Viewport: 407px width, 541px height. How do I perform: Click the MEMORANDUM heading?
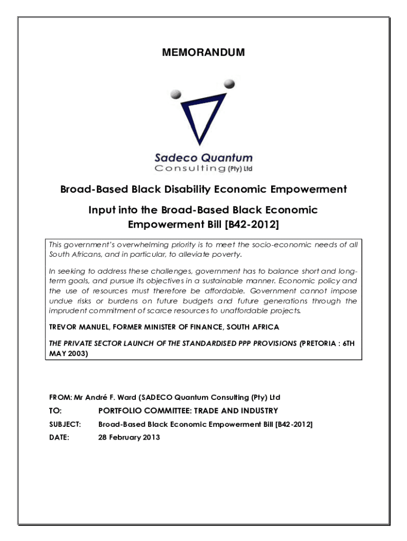point(203,52)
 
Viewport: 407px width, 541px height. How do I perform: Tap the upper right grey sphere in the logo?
point(229,83)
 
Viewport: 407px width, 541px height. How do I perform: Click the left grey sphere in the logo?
point(176,95)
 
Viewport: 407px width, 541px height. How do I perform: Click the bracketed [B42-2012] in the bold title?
point(252,225)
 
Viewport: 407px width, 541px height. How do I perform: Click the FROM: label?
point(59,397)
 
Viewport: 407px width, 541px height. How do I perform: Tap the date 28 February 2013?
point(129,437)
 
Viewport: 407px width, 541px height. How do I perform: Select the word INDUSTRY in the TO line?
point(257,411)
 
